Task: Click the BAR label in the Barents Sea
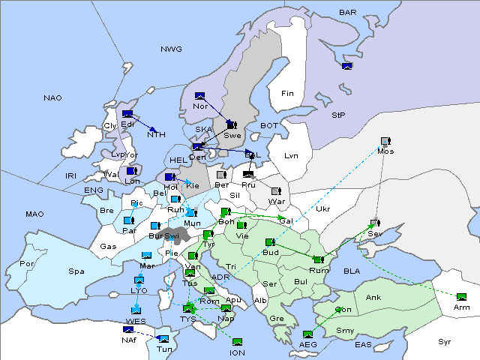(348, 13)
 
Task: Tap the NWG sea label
(171, 49)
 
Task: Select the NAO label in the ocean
(52, 98)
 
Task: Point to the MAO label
(34, 214)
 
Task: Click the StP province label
(338, 115)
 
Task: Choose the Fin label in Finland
(287, 94)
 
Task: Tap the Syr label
(445, 342)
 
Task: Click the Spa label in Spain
(76, 271)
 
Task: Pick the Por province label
(27, 264)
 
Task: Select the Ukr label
(323, 209)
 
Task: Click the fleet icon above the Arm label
(461, 297)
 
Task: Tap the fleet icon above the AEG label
(307, 334)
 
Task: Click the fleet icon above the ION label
(237, 342)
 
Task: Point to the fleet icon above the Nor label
(199, 96)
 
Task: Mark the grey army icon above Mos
(385, 141)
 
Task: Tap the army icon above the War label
(276, 191)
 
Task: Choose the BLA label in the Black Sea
(352, 271)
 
